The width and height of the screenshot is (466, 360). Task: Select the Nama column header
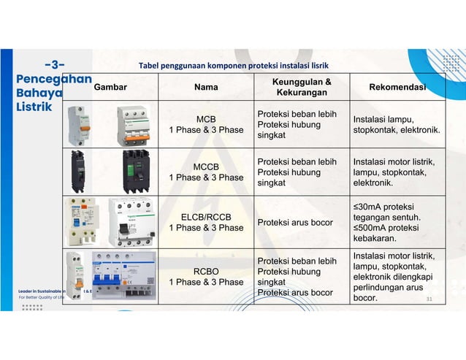[206, 88]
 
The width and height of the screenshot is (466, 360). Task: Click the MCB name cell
[206, 124]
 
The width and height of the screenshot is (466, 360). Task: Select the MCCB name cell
[206, 172]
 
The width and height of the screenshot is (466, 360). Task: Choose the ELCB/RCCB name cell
[206, 222]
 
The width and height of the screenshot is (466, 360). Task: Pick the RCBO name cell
[206, 276]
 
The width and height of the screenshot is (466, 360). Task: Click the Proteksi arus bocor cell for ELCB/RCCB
[292, 222]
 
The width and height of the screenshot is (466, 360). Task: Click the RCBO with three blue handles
[124, 275]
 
